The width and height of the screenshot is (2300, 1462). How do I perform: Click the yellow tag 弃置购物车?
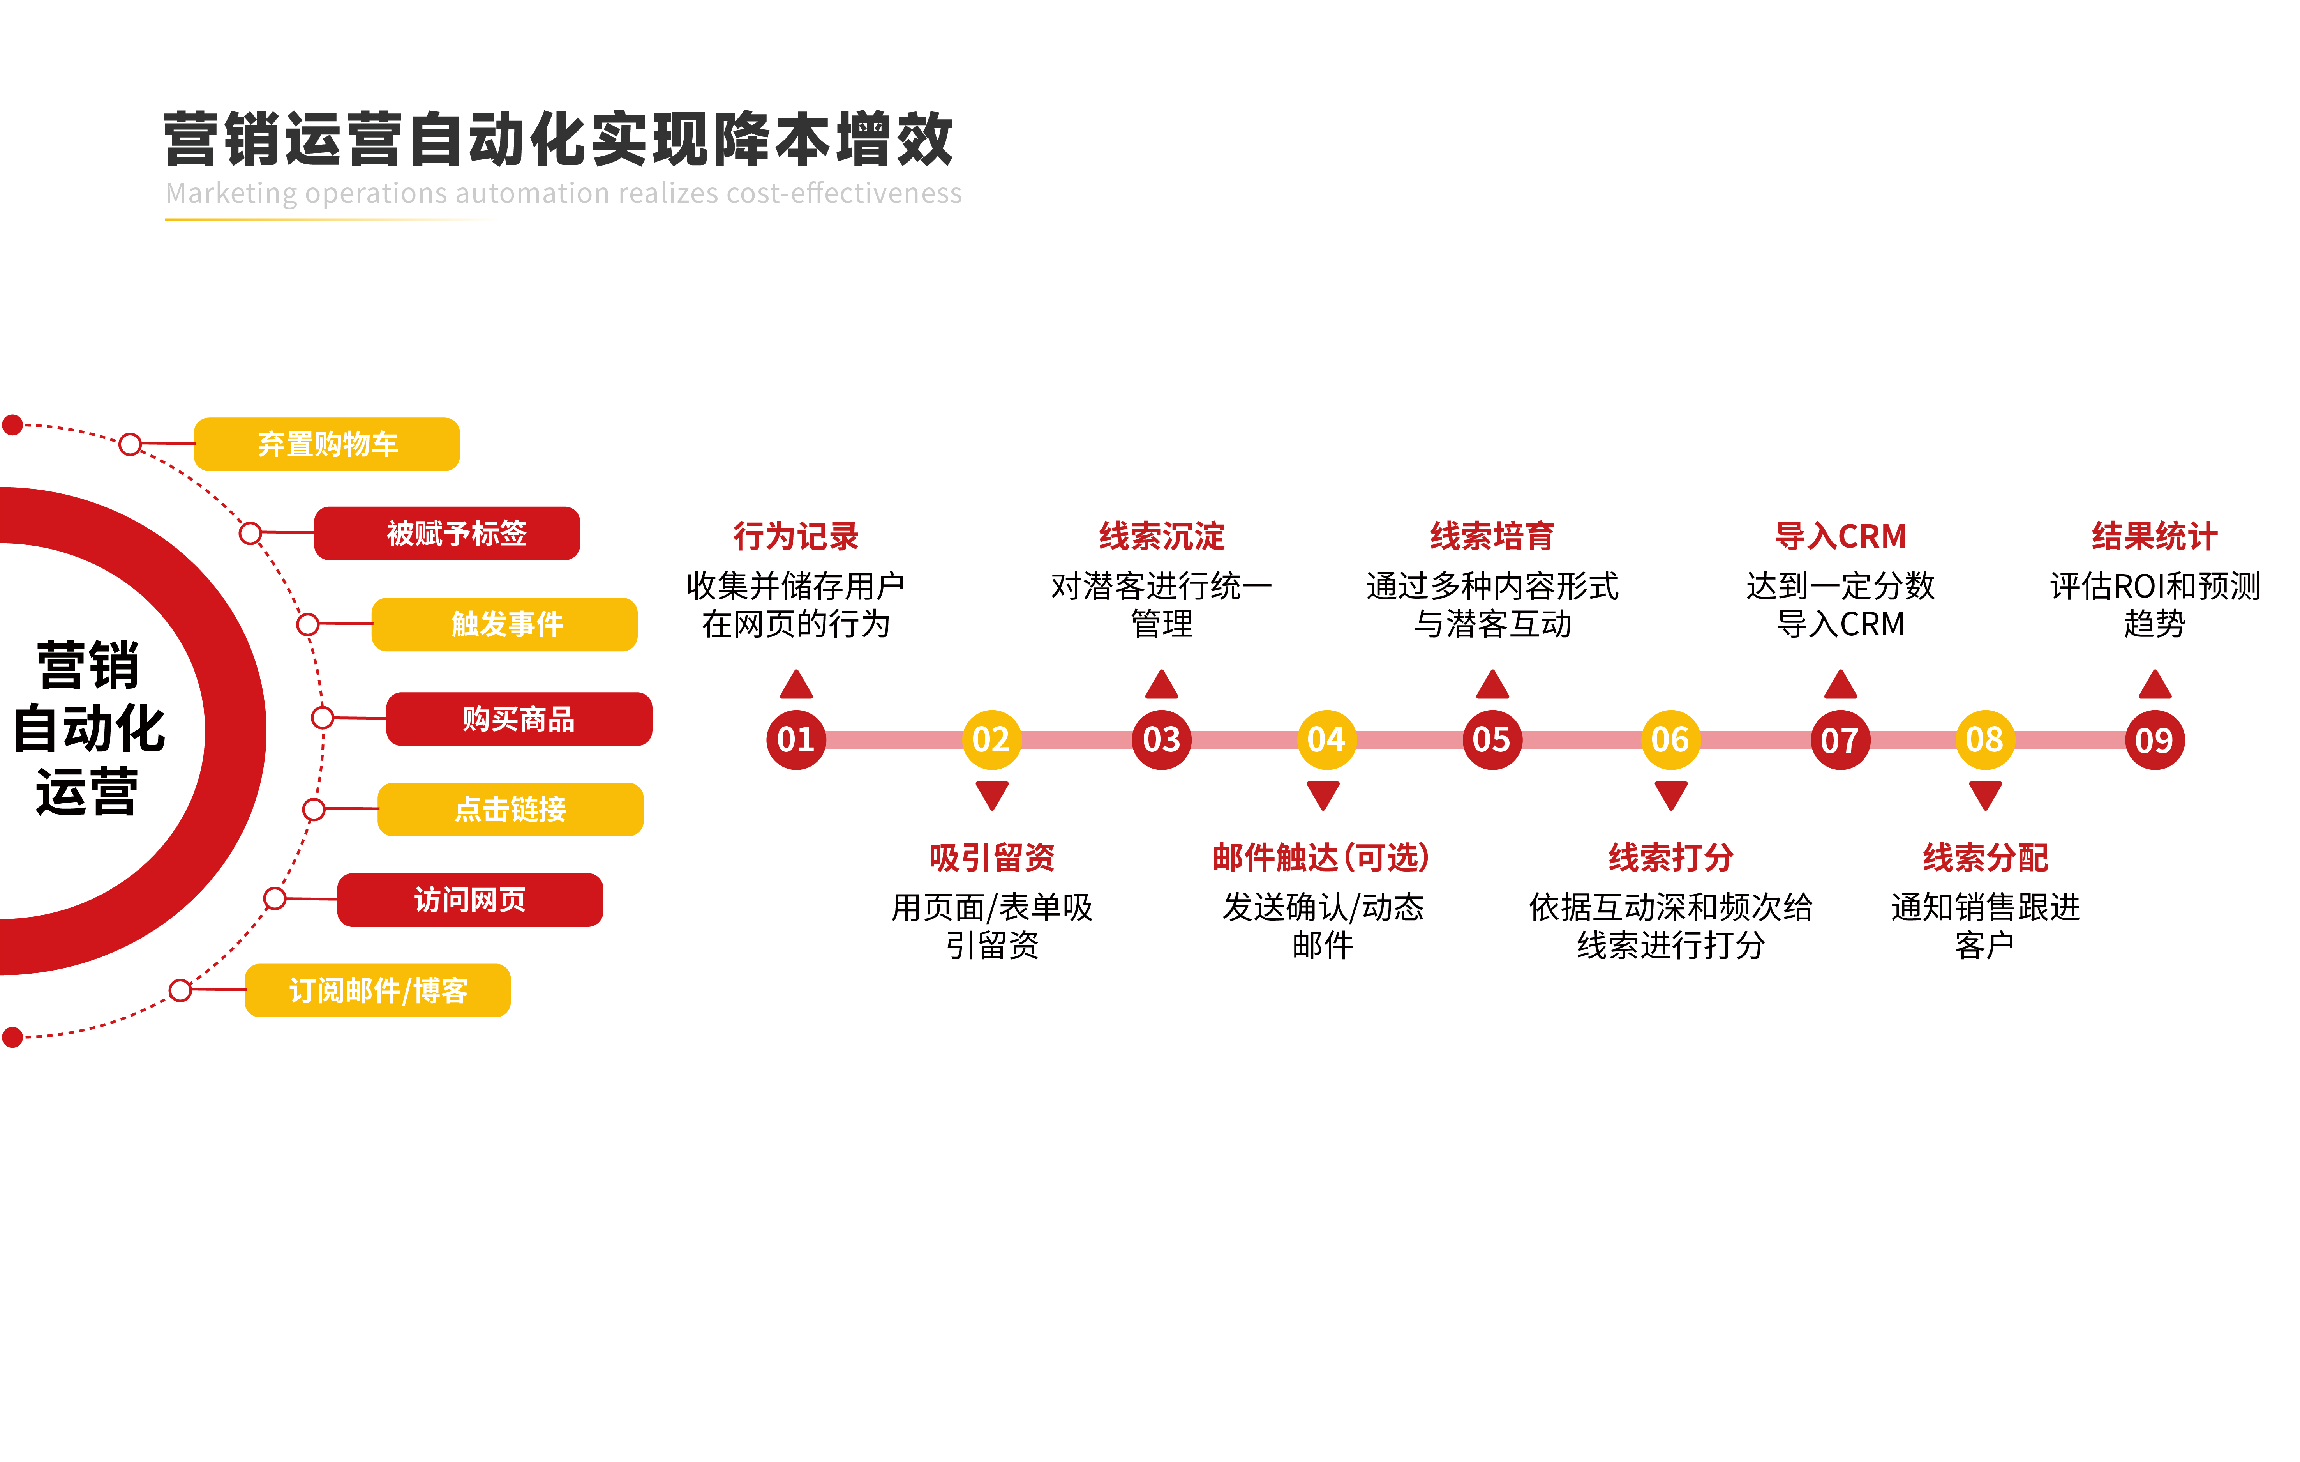tap(327, 444)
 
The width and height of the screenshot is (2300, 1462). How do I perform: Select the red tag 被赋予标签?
tap(447, 533)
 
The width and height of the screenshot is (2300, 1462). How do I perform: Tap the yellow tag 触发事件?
tap(504, 624)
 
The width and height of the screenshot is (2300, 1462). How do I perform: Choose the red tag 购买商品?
tap(519, 719)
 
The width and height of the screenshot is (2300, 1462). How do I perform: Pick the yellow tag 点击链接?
tap(510, 810)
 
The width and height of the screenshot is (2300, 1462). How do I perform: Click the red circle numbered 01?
tap(795, 740)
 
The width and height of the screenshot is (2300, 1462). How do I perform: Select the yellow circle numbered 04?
tap(1326, 740)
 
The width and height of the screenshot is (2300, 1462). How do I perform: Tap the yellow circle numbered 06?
tap(1670, 740)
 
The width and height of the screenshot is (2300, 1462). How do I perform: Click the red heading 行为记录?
tap(795, 536)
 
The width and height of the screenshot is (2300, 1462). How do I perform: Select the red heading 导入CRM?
tap(1840, 536)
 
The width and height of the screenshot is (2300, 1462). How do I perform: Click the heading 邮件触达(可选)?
tap(1322, 857)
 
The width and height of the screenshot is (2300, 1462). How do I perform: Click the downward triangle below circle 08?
tap(1985, 794)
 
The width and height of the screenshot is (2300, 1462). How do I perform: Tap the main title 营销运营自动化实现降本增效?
tap(559, 140)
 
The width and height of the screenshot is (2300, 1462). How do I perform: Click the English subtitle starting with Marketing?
tap(564, 193)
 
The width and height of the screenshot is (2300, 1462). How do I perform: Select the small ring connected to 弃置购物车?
tap(131, 444)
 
